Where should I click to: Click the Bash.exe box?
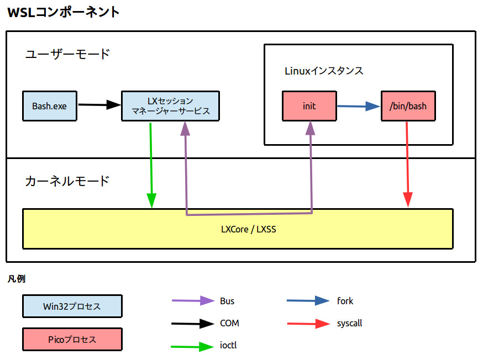pyautogui.click(x=49, y=105)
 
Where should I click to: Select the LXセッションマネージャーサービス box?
pyautogui.click(x=170, y=105)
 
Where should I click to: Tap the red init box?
pyautogui.click(x=309, y=106)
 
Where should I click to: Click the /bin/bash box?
pyautogui.click(x=408, y=106)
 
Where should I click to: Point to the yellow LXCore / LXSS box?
pyautogui.click(x=238, y=229)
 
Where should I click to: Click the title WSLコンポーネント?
pyautogui.click(x=63, y=12)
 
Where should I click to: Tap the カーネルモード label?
pyautogui.click(x=67, y=181)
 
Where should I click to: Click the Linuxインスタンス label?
pyautogui.click(x=324, y=71)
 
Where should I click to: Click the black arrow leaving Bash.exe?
pyautogui.click(x=99, y=104)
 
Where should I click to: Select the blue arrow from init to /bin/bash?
pyautogui.click(x=359, y=107)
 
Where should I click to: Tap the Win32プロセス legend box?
pyautogui.click(x=72, y=306)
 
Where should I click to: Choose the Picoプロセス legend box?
pyautogui.click(x=72, y=339)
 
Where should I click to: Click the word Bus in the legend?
pyautogui.click(x=227, y=301)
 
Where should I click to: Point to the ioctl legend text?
pyautogui.click(x=228, y=345)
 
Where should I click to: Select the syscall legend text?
pyautogui.click(x=349, y=323)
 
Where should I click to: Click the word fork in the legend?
pyautogui.click(x=345, y=301)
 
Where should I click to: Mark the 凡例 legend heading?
pyautogui.click(x=16, y=279)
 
